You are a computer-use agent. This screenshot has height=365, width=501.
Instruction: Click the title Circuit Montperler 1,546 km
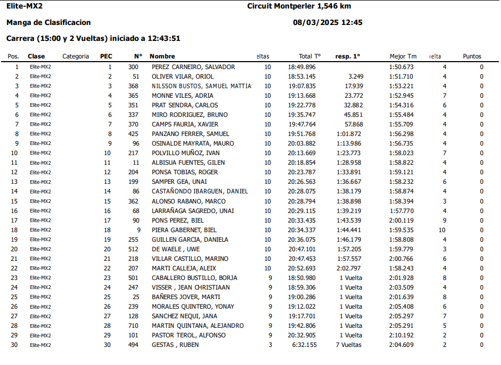pyautogui.click(x=299, y=6)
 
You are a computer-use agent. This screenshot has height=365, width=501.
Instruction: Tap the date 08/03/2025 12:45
pyautogui.click(x=328, y=22)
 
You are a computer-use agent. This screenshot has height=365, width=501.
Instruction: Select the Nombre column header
pyautogui.click(x=162, y=56)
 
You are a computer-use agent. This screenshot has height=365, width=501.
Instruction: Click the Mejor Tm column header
pyautogui.click(x=403, y=56)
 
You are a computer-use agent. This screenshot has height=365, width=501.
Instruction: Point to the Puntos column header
pyautogui.click(x=472, y=56)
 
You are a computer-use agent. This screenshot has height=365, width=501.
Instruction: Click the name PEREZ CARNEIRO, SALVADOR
pyautogui.click(x=193, y=67)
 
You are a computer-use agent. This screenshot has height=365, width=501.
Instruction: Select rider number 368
pyautogui.click(x=133, y=86)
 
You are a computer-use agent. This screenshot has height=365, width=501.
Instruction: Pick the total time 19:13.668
pyautogui.click(x=302, y=96)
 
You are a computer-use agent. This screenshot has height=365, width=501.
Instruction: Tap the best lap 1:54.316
pyautogui.click(x=401, y=105)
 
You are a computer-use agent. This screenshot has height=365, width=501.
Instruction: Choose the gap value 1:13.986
pyautogui.click(x=349, y=143)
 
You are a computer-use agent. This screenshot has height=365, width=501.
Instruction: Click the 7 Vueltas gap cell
pyautogui.click(x=348, y=345)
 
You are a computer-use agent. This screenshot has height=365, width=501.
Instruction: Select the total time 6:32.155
pyautogui.click(x=304, y=345)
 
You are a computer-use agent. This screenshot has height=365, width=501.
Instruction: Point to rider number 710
pyautogui.click(x=133, y=326)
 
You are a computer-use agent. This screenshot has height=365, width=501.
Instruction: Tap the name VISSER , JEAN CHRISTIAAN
pyautogui.click(x=190, y=287)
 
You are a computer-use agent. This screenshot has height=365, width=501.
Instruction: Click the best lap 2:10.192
pyautogui.click(x=401, y=335)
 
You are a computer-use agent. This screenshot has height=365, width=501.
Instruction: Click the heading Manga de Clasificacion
pyautogui.click(x=48, y=22)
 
